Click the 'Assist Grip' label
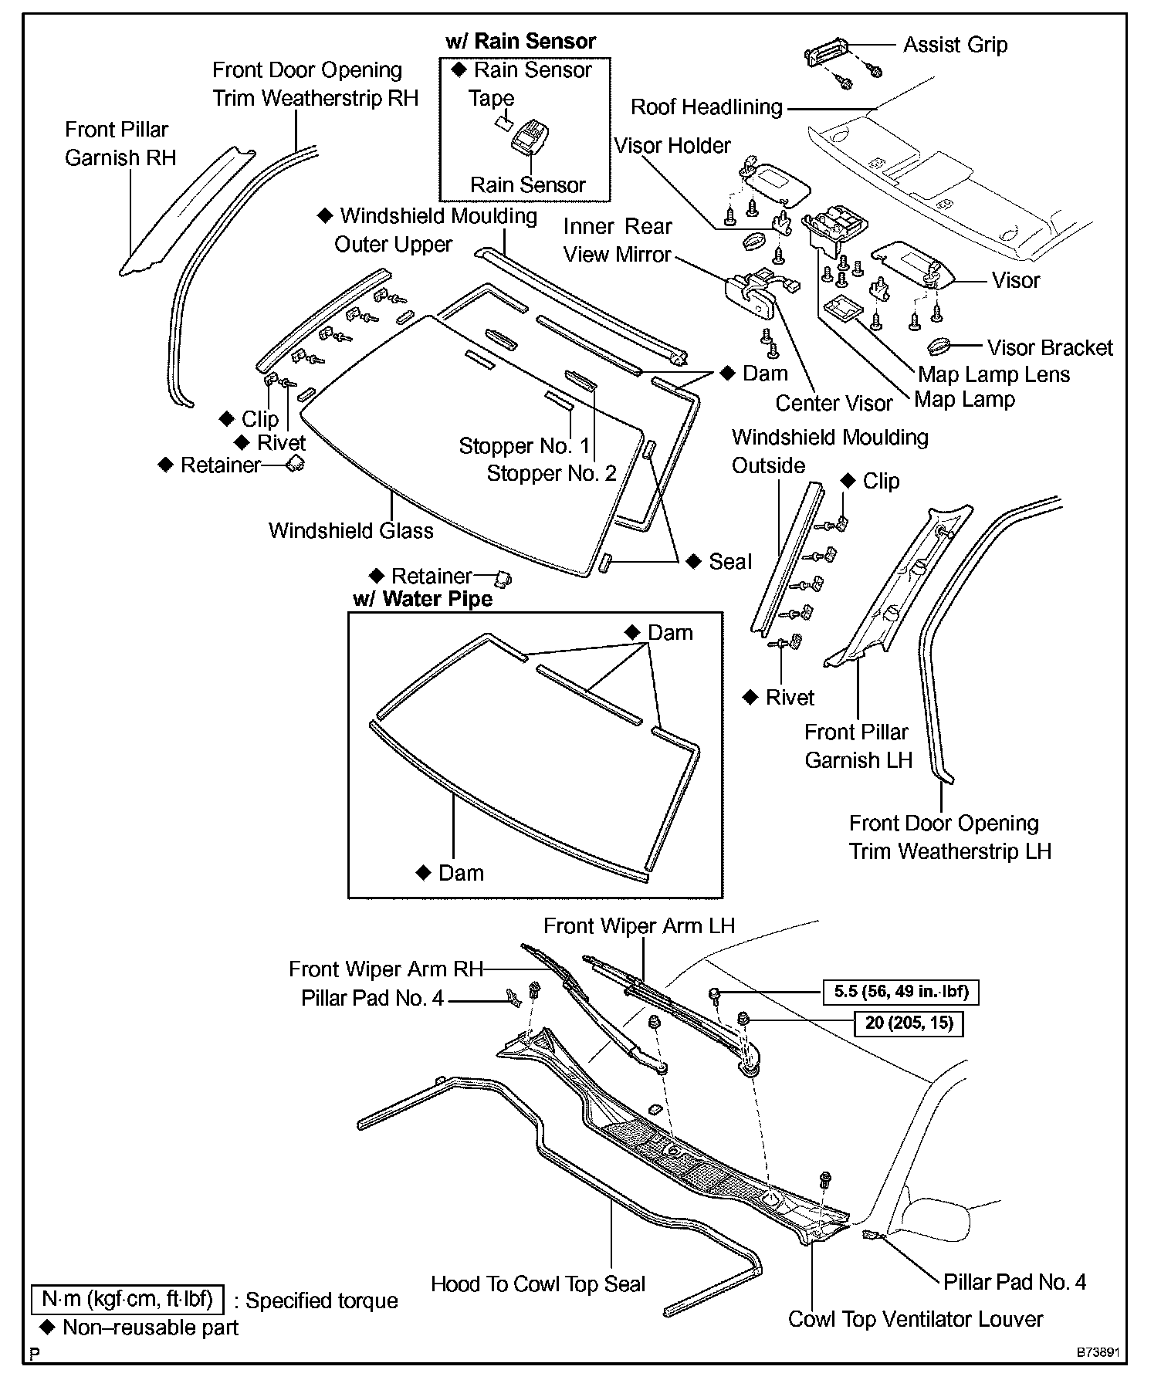(955, 45)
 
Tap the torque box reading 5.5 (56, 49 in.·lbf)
(902, 992)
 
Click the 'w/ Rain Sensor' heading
(520, 41)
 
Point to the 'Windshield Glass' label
(350, 531)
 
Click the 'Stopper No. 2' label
(551, 473)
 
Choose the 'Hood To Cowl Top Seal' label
(538, 1284)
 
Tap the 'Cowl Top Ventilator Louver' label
(916, 1319)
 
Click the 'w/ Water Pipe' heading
(422, 599)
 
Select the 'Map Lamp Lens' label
(993, 374)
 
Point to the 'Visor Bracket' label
(1050, 348)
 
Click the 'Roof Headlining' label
(706, 107)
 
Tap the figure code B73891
(1099, 1353)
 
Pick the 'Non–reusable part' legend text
(151, 1328)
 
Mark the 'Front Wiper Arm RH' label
(386, 969)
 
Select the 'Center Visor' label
(834, 403)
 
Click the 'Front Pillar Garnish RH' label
(120, 144)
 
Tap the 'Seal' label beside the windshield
(729, 562)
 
